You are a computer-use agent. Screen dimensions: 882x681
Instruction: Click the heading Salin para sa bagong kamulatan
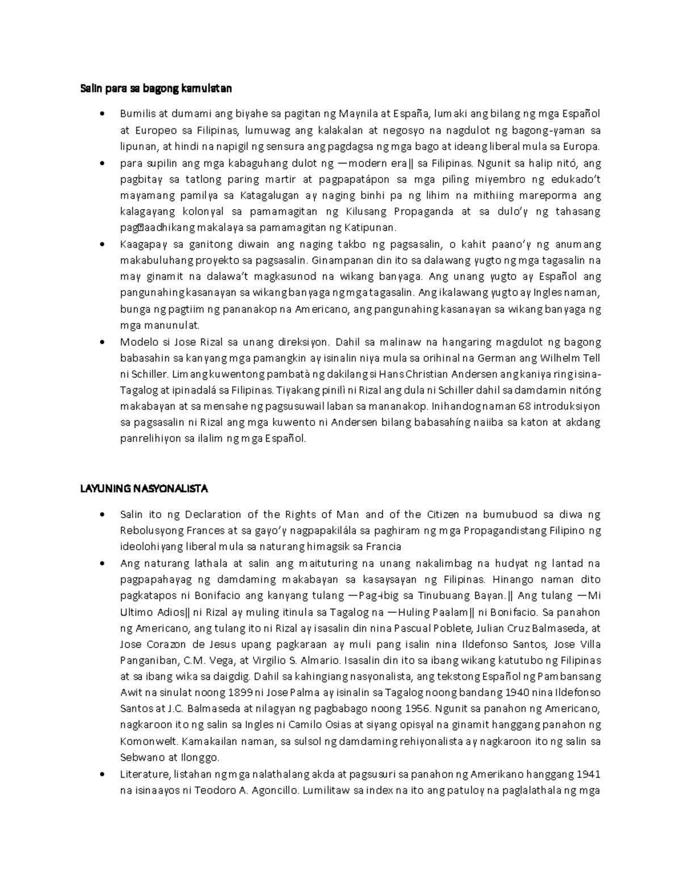point(155,89)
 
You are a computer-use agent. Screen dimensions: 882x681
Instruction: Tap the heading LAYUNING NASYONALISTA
point(144,488)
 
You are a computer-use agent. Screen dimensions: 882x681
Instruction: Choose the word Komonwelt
point(143,742)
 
